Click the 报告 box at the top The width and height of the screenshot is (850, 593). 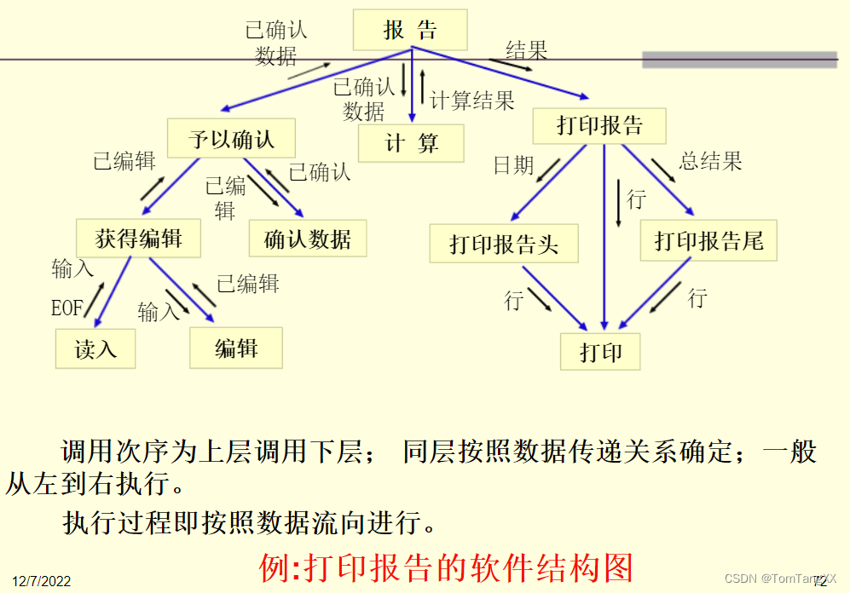click(410, 30)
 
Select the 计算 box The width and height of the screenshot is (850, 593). click(412, 143)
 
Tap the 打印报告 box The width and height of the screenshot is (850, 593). click(599, 126)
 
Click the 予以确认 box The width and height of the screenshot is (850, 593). click(231, 139)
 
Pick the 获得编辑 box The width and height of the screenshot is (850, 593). click(138, 239)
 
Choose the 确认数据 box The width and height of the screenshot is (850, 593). click(308, 239)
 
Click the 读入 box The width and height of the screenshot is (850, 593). click(95, 348)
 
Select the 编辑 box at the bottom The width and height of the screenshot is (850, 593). click(236, 348)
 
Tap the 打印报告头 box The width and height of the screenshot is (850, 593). click(504, 245)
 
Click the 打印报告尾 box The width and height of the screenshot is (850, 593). click(708, 241)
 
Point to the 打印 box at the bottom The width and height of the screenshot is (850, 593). click(601, 350)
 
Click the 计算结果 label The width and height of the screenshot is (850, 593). click(472, 101)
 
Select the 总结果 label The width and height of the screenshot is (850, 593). click(710, 160)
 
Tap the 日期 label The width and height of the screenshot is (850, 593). click(513, 165)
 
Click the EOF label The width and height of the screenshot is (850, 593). click(67, 308)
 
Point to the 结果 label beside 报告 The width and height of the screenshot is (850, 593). click(526, 49)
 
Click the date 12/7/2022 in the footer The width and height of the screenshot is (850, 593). click(42, 581)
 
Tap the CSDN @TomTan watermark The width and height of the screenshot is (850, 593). click(774, 579)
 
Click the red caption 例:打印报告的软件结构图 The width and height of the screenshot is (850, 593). click(447, 567)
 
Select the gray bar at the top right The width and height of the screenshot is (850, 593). click(739, 59)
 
